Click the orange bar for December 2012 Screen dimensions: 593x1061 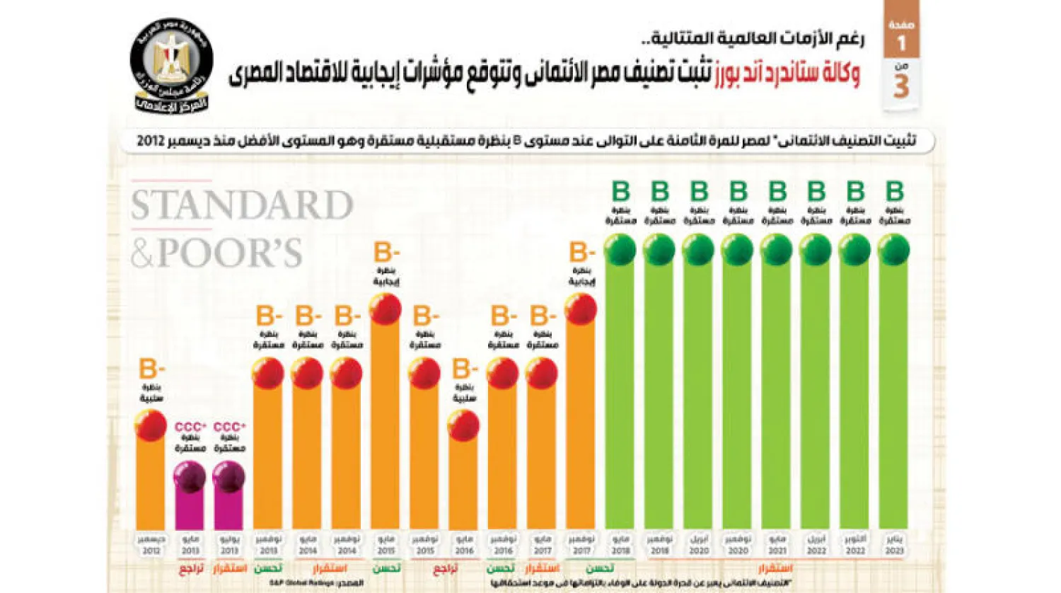point(151,481)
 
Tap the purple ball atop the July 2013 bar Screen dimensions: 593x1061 point(228,477)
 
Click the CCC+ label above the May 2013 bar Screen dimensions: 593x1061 point(190,427)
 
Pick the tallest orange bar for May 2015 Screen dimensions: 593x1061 point(385,425)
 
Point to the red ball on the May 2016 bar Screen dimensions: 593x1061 point(463,426)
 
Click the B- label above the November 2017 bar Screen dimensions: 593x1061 point(581,252)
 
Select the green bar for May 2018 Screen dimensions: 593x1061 point(620,396)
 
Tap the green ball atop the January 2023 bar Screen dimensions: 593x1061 point(893,250)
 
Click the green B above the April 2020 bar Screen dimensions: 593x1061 point(699,191)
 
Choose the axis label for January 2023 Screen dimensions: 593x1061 point(894,545)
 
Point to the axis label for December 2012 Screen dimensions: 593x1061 point(151,545)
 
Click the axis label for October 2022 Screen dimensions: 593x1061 point(854,545)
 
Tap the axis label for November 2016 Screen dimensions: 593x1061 point(502,545)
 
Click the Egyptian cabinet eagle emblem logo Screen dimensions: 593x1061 point(171,65)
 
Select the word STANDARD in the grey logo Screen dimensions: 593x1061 point(242,206)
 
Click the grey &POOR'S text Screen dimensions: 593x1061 point(216,253)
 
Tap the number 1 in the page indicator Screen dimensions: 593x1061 point(901,44)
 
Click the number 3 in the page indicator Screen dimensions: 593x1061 point(901,86)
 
